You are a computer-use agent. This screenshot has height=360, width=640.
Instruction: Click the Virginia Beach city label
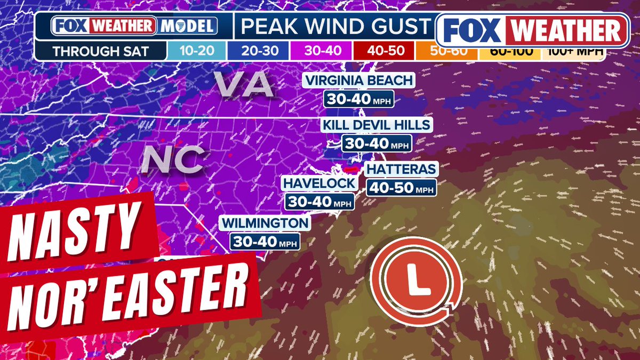click(358, 81)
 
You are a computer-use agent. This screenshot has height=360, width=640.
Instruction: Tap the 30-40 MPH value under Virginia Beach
click(358, 99)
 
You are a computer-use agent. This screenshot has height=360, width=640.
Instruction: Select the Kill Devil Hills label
click(377, 125)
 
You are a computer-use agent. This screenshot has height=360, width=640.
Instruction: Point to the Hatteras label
click(401, 170)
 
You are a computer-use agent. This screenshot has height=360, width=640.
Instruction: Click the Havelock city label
click(319, 183)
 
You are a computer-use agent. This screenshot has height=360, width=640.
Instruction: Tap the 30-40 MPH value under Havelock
click(319, 202)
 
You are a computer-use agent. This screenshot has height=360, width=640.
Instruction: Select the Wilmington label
click(265, 222)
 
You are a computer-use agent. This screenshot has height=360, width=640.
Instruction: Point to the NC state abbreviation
click(173, 159)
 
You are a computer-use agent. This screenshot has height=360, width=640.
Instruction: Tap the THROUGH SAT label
click(101, 52)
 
